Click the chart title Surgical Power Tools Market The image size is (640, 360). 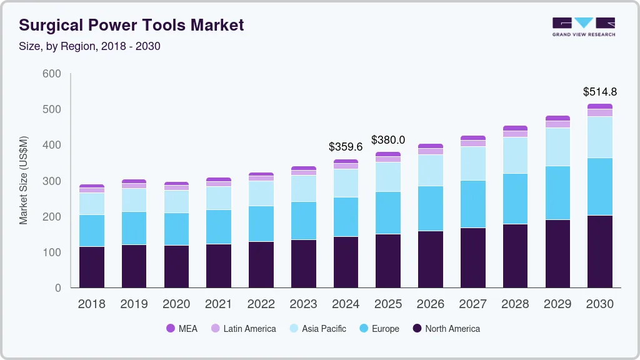131,25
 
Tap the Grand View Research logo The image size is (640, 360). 584,27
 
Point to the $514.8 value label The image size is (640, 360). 600,92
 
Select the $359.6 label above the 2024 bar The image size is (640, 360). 346,147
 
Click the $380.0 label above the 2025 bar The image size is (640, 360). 388,140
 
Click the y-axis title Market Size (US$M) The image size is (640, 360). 24,180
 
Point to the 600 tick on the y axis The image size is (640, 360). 52,74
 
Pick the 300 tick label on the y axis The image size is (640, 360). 52,181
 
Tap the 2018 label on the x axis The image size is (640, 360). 92,304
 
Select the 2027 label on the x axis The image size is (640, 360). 473,304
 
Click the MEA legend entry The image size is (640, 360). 181,329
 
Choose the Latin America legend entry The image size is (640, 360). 243,329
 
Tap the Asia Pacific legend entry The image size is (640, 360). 317,329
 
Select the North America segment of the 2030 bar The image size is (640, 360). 600,251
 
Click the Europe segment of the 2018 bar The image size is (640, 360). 92,231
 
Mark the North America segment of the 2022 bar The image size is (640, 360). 261,264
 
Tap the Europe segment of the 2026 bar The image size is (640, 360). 431,208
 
